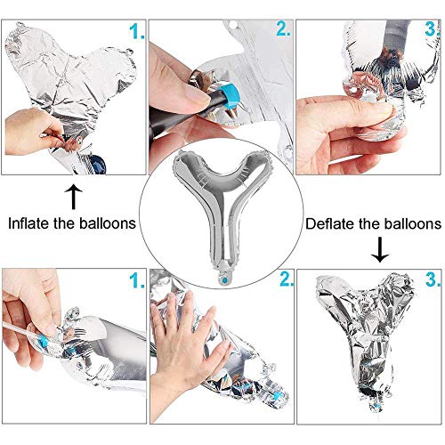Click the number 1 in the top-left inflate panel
click(135, 34)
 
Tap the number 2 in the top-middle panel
click(282, 29)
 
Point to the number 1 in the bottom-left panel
click(135, 283)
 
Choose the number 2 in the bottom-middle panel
click(286, 280)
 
